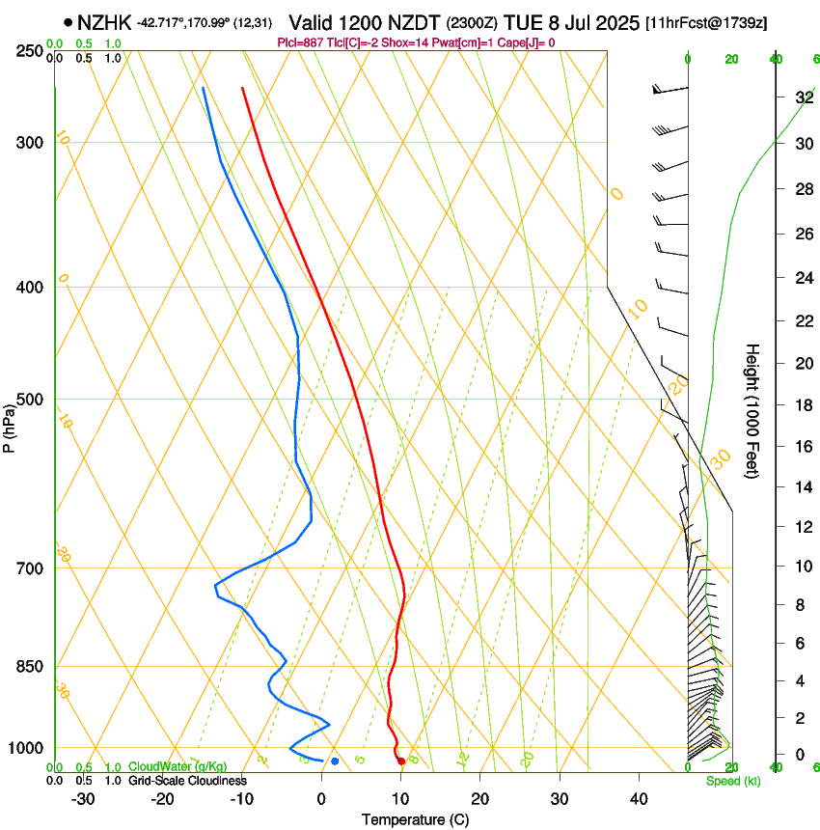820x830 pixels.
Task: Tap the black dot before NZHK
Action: point(68,22)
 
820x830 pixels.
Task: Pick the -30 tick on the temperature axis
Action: point(83,798)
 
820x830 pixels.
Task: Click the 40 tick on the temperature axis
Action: point(639,798)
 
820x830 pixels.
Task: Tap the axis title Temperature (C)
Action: point(415,819)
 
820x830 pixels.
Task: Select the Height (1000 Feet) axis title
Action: point(752,411)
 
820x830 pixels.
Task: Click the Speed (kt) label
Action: point(732,781)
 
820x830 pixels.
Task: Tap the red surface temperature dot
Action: point(401,761)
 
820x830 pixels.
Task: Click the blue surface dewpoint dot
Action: point(335,761)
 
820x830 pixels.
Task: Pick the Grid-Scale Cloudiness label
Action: point(186,781)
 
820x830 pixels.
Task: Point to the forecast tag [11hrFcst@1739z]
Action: point(706,23)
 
